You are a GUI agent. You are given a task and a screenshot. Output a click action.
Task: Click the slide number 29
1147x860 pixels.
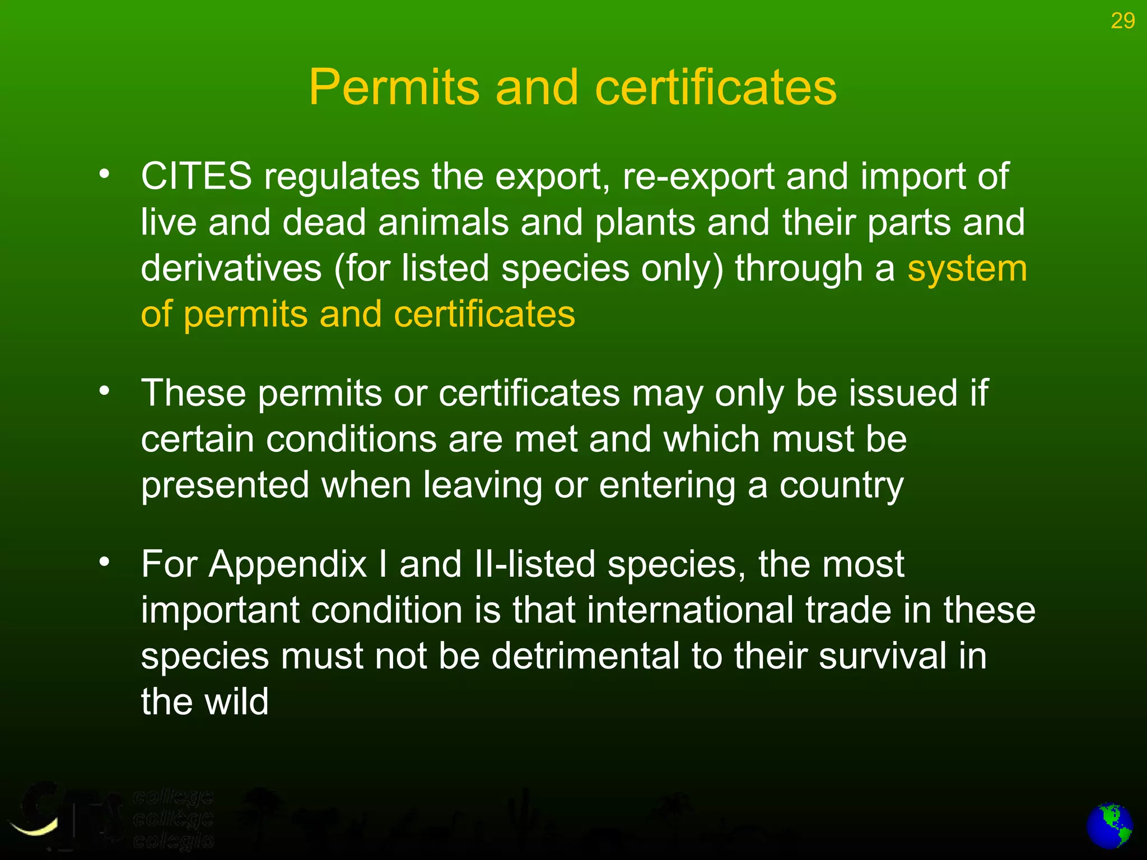pyautogui.click(x=1122, y=21)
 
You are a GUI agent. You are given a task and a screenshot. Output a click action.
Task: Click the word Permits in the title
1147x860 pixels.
pyautogui.click(x=394, y=87)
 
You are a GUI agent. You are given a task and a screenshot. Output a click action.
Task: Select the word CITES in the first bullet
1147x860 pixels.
pyautogui.click(x=197, y=176)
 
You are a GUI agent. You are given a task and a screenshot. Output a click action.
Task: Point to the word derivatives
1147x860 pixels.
pyautogui.click(x=231, y=268)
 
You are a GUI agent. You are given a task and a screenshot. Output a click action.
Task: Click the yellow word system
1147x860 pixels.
pyautogui.click(x=967, y=269)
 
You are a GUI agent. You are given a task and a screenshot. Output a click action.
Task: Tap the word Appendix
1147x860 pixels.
pyautogui.click(x=288, y=564)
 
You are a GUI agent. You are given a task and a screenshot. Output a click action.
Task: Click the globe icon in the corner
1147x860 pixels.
pyautogui.click(x=1109, y=826)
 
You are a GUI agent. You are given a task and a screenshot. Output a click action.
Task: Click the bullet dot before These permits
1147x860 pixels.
pyautogui.click(x=104, y=391)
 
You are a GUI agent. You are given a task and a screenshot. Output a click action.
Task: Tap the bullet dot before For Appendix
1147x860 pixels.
pyautogui.click(x=104, y=562)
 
